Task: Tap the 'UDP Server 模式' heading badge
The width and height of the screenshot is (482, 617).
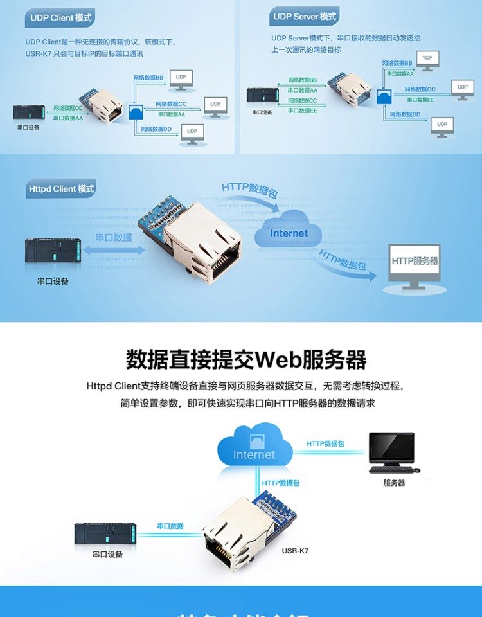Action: pos(304,17)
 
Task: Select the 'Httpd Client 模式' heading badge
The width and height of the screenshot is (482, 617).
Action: pos(61,189)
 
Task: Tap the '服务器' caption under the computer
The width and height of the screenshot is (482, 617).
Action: pos(394,483)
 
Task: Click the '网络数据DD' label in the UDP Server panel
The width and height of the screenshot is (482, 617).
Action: pos(407,114)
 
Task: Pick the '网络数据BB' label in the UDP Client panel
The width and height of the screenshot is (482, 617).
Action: pos(148,77)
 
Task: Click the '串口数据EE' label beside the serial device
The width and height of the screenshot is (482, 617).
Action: pos(302,110)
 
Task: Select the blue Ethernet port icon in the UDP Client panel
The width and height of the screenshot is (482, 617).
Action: pos(136,111)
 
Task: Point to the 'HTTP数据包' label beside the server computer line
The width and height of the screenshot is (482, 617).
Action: pos(325,443)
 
